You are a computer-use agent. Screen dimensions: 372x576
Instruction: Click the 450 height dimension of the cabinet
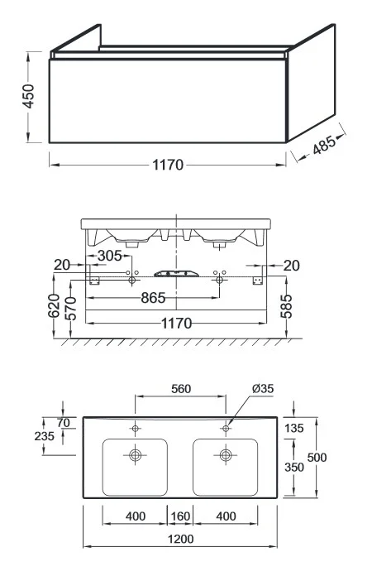pyautogui.click(x=29, y=96)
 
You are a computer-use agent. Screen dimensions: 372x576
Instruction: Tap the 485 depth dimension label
pyautogui.click(x=324, y=145)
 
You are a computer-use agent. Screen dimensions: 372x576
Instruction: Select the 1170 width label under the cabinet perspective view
pyautogui.click(x=168, y=165)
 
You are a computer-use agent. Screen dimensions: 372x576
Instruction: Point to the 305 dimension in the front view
pyautogui.click(x=109, y=256)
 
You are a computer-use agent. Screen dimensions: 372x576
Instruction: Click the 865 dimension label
pyautogui.click(x=153, y=298)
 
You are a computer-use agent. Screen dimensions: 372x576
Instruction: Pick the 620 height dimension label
pyautogui.click(x=54, y=305)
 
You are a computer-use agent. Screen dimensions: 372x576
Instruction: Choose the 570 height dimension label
pyautogui.click(x=70, y=309)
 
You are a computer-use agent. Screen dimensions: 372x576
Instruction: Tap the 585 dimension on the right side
pyautogui.click(x=287, y=306)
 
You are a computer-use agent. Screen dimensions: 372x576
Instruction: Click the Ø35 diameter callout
pyautogui.click(x=263, y=388)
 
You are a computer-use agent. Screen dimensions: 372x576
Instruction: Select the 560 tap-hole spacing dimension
pyautogui.click(x=181, y=389)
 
